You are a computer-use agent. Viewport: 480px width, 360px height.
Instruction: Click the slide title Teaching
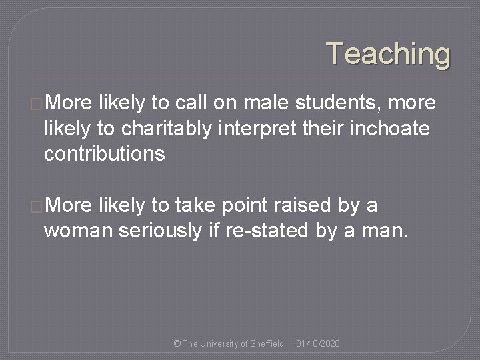point(388,53)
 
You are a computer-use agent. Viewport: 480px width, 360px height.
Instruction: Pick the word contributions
point(104,154)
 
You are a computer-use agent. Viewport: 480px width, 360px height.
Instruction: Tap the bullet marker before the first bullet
point(37,103)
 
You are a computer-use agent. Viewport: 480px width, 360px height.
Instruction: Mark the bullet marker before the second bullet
point(37,206)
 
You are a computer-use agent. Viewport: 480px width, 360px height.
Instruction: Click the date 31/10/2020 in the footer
point(318,343)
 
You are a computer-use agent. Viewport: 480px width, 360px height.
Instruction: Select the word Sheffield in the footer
point(267,343)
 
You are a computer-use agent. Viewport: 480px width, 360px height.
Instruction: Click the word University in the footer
point(219,343)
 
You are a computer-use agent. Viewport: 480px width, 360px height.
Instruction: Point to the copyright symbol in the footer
point(177,343)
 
